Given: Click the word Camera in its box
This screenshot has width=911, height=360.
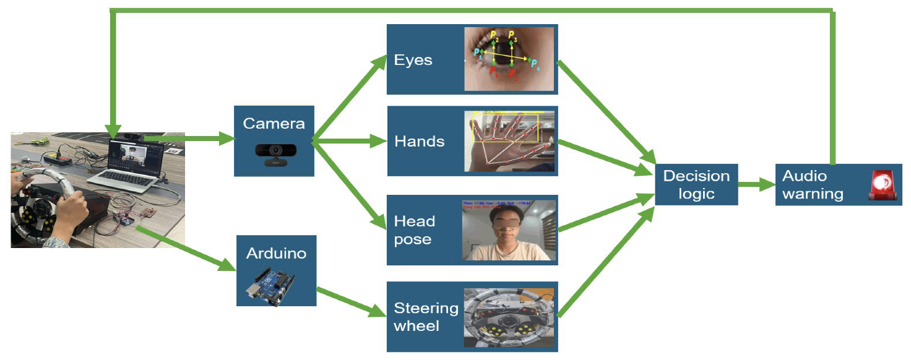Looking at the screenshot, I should click(x=274, y=123).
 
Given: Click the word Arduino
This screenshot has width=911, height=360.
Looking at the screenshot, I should click(x=276, y=253).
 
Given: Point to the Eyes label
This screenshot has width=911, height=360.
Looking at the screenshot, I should click(x=413, y=60).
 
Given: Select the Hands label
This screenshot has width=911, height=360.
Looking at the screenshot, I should click(x=419, y=141).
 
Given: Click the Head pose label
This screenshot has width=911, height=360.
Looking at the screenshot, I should click(x=414, y=230).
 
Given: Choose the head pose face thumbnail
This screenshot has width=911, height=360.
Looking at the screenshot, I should click(x=509, y=230).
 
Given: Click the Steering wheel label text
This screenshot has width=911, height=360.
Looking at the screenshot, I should click(x=426, y=317).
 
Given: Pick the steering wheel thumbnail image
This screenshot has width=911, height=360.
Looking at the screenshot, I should click(x=509, y=317).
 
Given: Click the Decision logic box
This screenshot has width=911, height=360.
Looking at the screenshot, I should click(x=696, y=184).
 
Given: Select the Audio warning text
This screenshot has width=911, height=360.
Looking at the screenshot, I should click(x=812, y=184).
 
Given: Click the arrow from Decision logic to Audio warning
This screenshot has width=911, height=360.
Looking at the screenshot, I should click(x=756, y=184).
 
